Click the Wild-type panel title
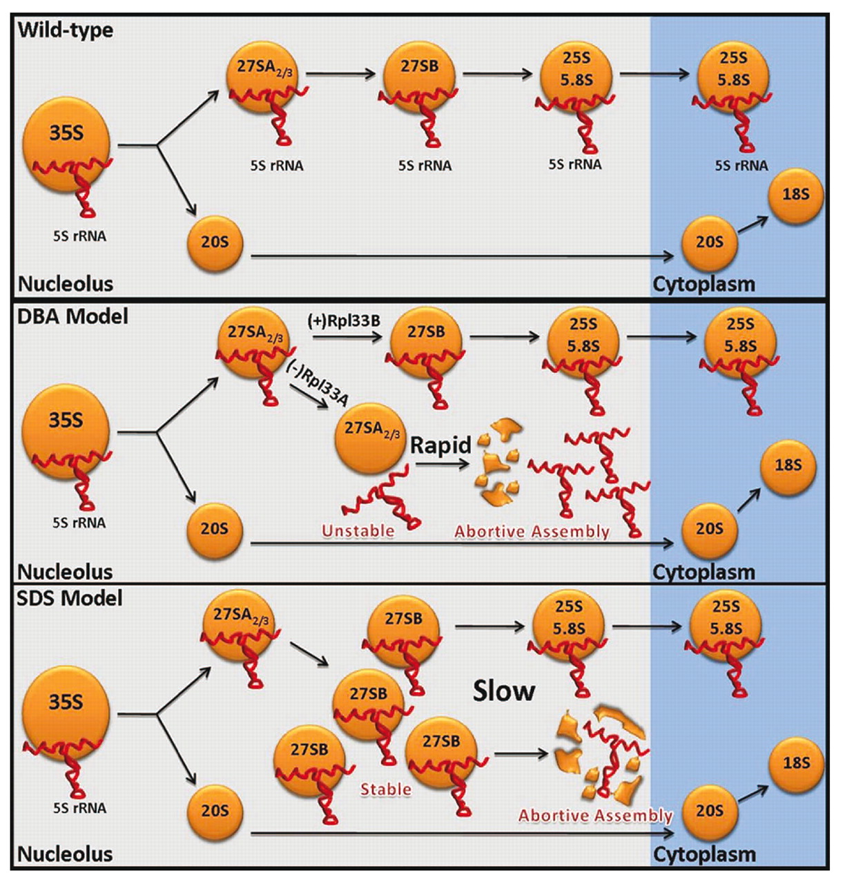coord(66,30)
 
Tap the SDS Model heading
coord(70,598)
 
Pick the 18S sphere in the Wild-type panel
coord(795,195)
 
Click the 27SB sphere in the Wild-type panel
coord(419,72)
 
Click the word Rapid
coord(440,445)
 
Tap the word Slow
coord(504,691)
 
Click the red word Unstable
coord(358,531)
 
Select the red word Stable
coord(386,789)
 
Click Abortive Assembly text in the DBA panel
coord(532,532)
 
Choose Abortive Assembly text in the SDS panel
coord(595,816)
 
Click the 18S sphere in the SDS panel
coord(796,765)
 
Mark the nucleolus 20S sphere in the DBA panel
coord(214,530)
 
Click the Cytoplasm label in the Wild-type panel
coord(703,284)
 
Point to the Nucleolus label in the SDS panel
coord(65,854)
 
